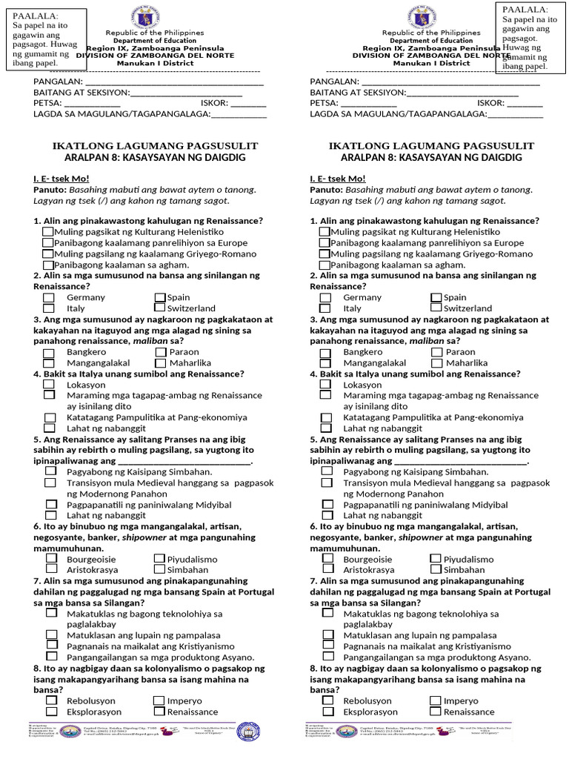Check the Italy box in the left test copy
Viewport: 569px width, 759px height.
49,308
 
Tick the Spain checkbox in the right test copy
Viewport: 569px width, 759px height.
436,297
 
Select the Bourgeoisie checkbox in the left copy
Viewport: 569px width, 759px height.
49,559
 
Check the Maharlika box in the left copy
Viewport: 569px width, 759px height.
161,363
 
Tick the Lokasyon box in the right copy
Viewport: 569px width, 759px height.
325,385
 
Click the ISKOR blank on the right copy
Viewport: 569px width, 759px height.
524,103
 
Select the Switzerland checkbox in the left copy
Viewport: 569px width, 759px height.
159,308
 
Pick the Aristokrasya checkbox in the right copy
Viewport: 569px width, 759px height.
325,569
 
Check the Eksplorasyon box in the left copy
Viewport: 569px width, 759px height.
50,712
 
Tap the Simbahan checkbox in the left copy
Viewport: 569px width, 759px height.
159,569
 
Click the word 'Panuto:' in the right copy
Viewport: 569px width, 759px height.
326,190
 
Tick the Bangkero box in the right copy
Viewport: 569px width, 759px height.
325,352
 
